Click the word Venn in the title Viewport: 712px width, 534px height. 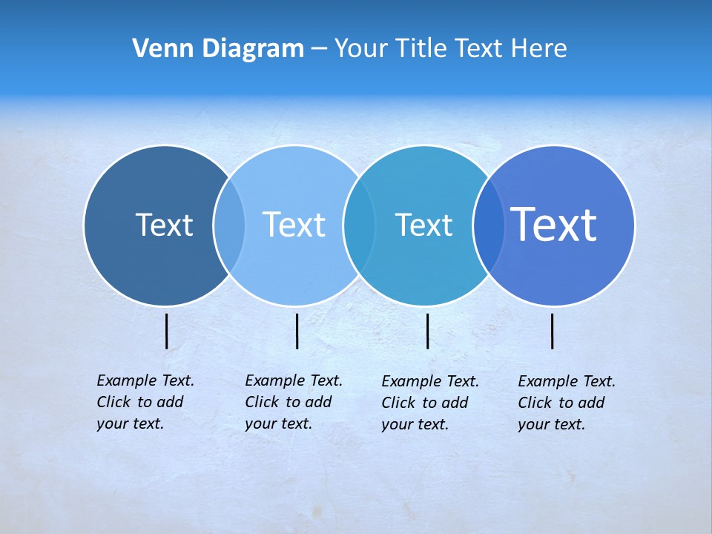tap(159, 49)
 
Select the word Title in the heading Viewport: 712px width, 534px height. tap(421, 49)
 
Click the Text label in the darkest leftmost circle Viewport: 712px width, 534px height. tap(164, 225)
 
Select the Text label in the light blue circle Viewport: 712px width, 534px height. tap(294, 225)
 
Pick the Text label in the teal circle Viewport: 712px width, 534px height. tap(423, 225)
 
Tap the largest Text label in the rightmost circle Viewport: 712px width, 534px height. tap(554, 225)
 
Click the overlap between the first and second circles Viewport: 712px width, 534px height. tap(229, 225)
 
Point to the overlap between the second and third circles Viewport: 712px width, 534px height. tap(359, 225)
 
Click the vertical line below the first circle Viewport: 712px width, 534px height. tap(167, 331)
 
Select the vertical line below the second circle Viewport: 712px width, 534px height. tap(297, 331)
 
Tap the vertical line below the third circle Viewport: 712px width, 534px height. tap(427, 331)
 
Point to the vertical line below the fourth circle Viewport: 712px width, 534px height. tap(553, 331)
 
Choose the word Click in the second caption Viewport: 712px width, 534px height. tap(262, 402)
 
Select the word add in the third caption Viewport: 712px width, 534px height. tap(454, 403)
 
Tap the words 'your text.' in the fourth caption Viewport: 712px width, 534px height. tap(551, 424)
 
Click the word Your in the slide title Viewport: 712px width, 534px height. tap(362, 49)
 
